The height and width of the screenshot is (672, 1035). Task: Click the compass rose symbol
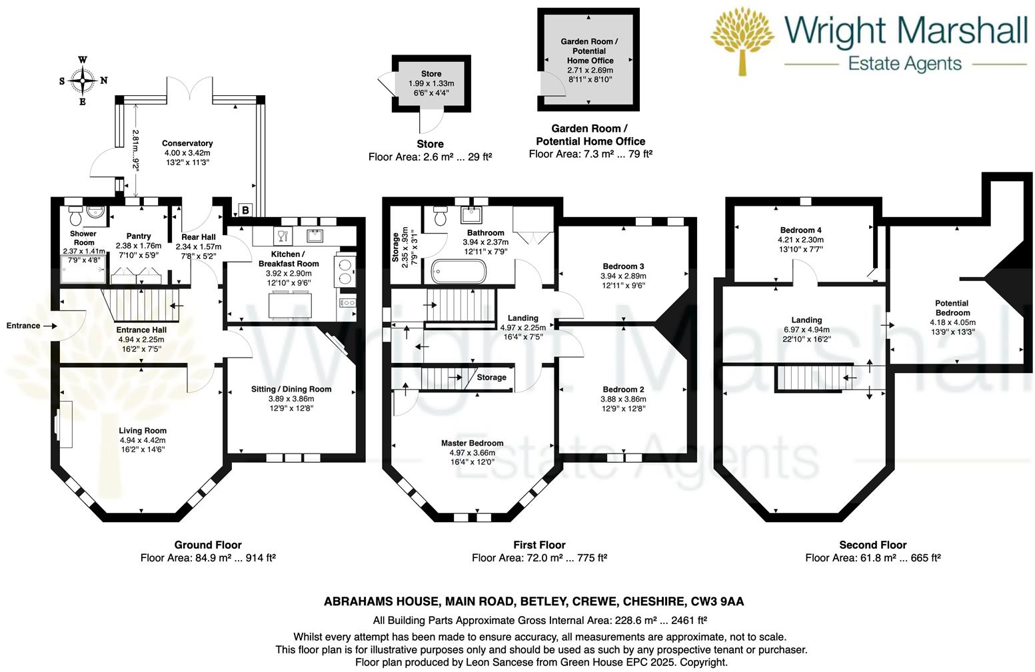click(83, 81)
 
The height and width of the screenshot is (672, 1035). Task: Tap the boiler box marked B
click(245, 210)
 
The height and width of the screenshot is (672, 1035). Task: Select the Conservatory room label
click(187, 143)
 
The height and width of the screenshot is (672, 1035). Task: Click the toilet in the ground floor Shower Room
click(75, 216)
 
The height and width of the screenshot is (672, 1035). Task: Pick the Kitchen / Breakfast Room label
click(289, 258)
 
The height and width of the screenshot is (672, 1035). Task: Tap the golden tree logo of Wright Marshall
click(742, 40)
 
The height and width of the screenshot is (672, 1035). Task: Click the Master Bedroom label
click(472, 443)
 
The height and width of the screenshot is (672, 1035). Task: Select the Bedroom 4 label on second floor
click(800, 230)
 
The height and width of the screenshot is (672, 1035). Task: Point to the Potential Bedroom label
click(952, 308)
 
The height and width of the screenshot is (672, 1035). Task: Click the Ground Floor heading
click(208, 545)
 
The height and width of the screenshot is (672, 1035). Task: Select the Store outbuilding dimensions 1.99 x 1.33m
click(431, 83)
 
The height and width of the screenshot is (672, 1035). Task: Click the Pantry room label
click(139, 236)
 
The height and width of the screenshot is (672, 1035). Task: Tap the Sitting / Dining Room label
click(291, 389)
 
